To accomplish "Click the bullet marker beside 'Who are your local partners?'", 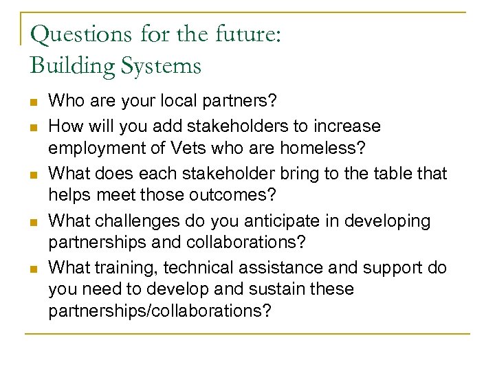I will tap(32, 102).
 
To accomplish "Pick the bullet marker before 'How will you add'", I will tap(32, 126).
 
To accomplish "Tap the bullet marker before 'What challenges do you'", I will tap(32, 221).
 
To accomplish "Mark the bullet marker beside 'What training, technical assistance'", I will tap(32, 268).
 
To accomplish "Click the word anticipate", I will tap(267, 221).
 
